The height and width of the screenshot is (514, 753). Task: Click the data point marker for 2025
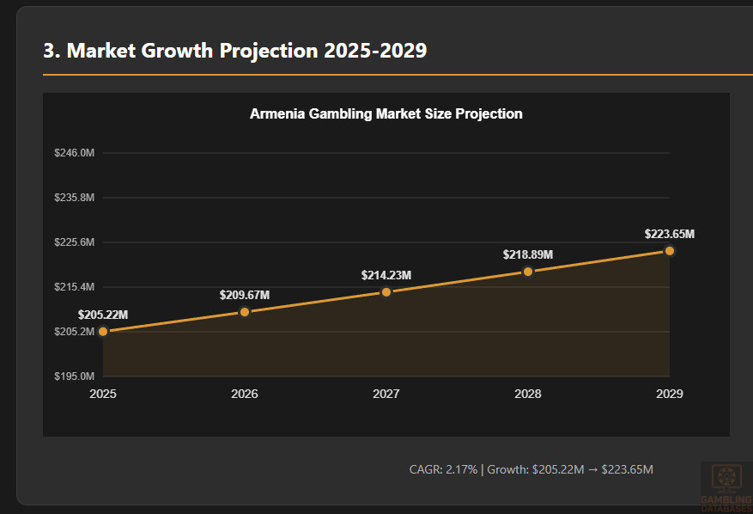click(x=103, y=331)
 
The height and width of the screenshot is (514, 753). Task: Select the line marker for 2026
click(x=245, y=312)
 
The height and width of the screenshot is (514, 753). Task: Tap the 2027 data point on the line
click(x=386, y=292)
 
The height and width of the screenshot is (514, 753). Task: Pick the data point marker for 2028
click(x=528, y=272)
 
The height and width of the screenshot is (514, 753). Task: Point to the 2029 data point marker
click(x=670, y=251)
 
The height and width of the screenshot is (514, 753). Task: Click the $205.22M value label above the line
click(x=103, y=315)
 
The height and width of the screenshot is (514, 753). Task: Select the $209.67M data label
click(x=245, y=295)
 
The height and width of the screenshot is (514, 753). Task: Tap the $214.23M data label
click(x=386, y=275)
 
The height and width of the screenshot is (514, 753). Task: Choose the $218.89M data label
click(x=528, y=254)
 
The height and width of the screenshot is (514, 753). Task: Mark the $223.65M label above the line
click(x=670, y=234)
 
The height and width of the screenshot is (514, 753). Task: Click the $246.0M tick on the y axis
click(x=74, y=153)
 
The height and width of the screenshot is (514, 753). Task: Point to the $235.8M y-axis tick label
click(x=74, y=198)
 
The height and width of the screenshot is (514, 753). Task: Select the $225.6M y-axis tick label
click(x=74, y=242)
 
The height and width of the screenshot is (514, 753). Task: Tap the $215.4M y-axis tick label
click(x=74, y=287)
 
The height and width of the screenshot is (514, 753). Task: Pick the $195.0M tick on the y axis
click(x=74, y=376)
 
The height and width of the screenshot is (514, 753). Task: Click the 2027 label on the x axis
click(x=386, y=394)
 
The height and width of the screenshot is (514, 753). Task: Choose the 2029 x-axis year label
click(x=670, y=394)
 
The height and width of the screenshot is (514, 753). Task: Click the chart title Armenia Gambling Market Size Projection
click(x=386, y=113)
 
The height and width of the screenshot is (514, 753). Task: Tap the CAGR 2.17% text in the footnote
click(x=443, y=469)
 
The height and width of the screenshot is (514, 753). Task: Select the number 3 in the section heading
click(x=50, y=51)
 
